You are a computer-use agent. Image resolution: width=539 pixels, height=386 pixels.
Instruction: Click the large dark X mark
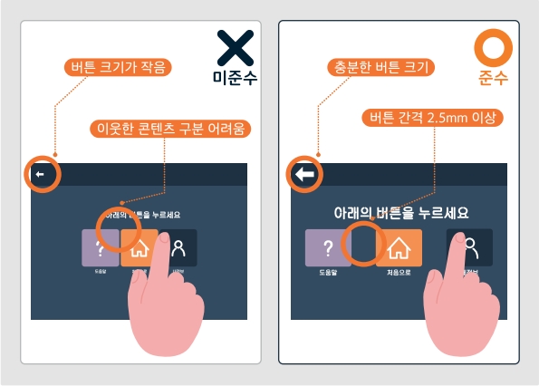point(236,49)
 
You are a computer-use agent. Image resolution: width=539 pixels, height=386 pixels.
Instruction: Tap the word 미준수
point(236,79)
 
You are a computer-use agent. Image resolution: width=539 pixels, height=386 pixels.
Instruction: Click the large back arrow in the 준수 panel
point(303,174)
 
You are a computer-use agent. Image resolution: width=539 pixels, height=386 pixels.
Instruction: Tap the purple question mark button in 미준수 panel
point(100,246)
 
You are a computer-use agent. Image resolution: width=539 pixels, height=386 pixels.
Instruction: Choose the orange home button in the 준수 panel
point(399,246)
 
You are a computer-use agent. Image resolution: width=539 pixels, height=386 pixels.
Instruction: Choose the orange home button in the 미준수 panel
point(139,246)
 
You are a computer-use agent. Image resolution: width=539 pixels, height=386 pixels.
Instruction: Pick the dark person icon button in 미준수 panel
point(178,246)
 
